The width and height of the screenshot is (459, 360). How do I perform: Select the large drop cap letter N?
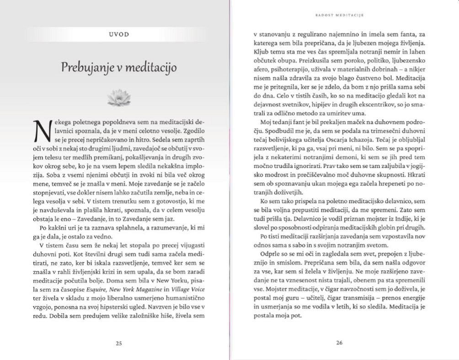coord(41,130)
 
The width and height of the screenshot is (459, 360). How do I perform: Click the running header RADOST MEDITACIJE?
coord(339,15)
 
